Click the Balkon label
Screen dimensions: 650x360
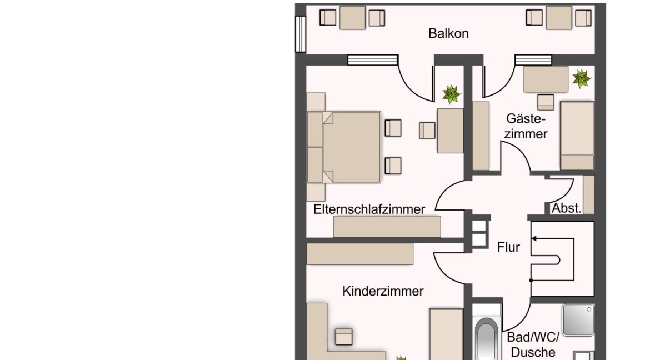(448, 33)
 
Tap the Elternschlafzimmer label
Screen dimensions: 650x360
(369, 209)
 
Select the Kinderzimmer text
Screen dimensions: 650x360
(383, 291)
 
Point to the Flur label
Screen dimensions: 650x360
(508, 247)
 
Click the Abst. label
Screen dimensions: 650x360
(566, 208)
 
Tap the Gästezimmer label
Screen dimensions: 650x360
(526, 126)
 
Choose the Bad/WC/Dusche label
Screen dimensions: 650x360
(533, 344)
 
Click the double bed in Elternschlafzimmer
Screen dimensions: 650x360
(344, 147)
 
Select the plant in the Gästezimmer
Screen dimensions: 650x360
(581, 78)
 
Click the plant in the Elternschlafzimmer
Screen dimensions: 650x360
(451, 94)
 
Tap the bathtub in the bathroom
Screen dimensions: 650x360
(487, 336)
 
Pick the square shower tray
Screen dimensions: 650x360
(578, 320)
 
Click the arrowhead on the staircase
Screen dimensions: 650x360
(534, 238)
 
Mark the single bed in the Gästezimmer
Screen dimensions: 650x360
(577, 135)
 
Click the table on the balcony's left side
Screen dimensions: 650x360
(352, 18)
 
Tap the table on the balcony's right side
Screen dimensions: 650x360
(559, 18)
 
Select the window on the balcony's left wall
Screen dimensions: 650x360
(301, 34)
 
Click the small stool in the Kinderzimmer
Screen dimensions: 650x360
(344, 337)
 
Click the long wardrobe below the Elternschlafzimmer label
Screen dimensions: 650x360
(387, 227)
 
